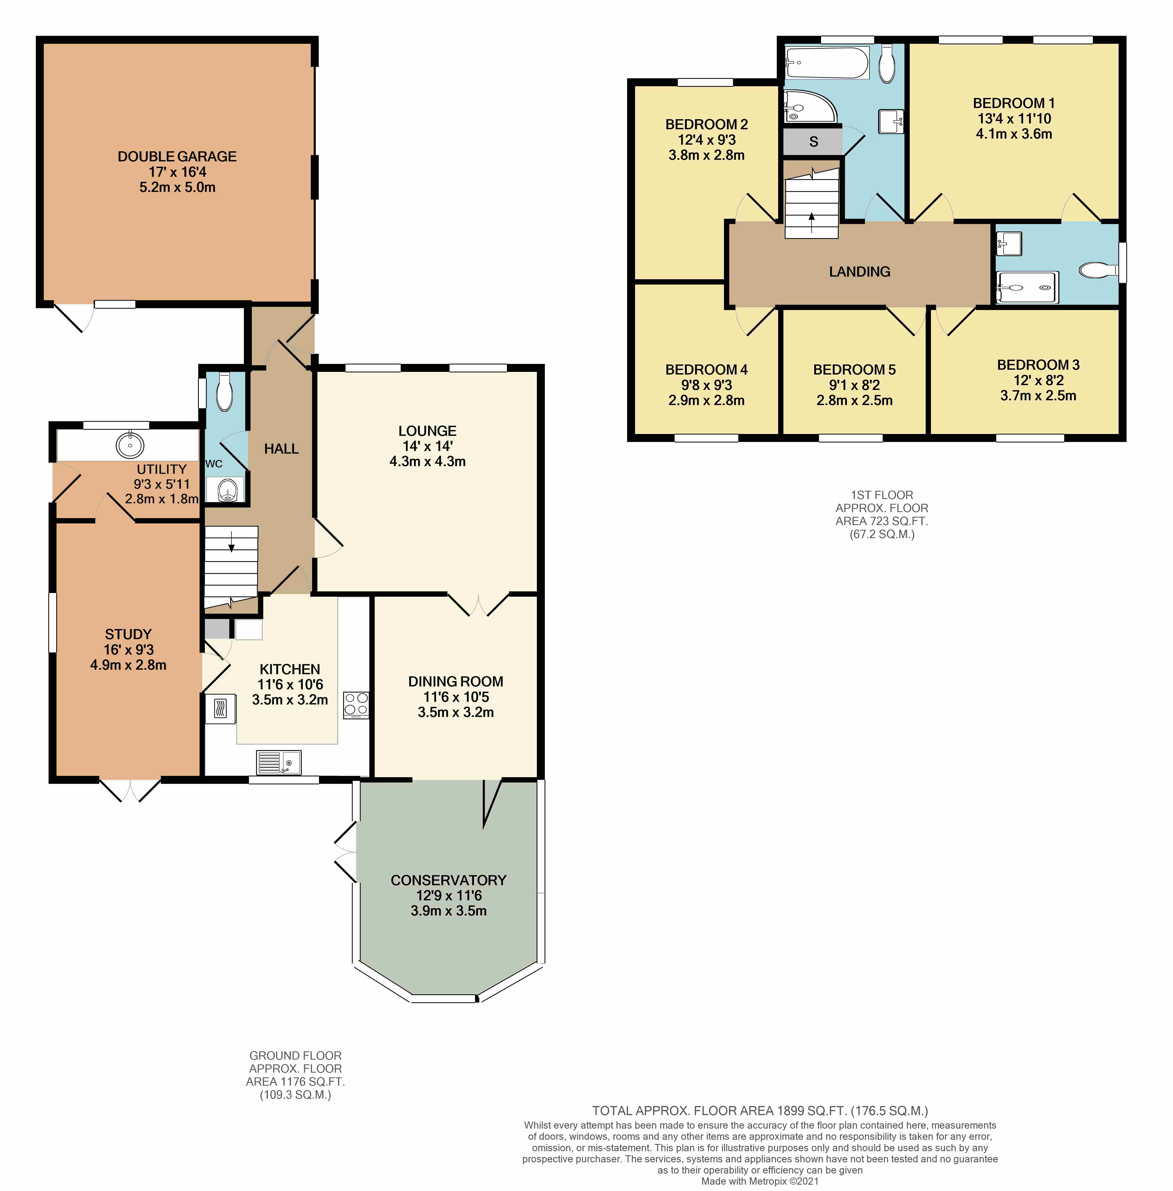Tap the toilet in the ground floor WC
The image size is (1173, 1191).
224,392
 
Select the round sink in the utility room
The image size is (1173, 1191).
130,445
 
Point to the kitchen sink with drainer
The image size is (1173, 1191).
278,762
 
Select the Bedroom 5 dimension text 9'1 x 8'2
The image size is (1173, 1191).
854,385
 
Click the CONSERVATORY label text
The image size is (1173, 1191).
448,880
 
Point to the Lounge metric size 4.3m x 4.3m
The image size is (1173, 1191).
428,461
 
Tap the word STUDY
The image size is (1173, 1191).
128,634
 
